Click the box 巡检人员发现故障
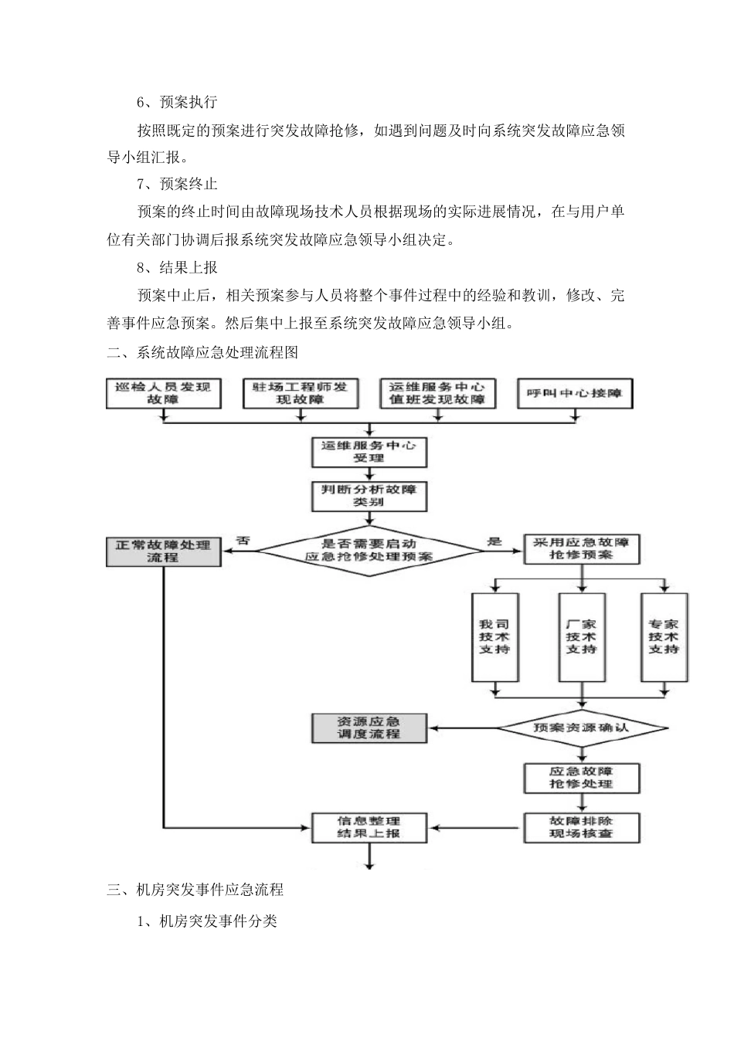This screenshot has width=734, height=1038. point(163,393)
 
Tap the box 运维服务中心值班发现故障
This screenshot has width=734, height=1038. point(437,393)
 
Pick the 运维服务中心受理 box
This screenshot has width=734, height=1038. point(369,452)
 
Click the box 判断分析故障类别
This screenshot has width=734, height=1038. point(369,496)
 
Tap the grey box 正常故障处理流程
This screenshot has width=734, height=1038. point(163,551)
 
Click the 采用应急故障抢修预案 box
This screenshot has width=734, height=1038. point(581,548)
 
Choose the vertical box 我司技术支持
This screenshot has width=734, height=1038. point(494,637)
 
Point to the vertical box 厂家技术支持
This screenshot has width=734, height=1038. point(581,637)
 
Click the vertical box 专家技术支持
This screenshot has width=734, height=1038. point(664,637)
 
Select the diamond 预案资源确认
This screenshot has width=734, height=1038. point(581,728)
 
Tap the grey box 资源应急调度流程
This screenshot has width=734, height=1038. point(369,728)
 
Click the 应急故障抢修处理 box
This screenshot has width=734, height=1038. point(581,778)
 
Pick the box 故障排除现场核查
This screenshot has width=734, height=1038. point(581,827)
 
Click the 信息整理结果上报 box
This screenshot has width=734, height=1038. point(369,827)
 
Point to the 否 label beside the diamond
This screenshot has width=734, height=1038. point(243,541)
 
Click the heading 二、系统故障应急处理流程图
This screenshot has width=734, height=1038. point(202,353)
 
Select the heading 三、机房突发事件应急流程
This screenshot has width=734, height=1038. point(195,890)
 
